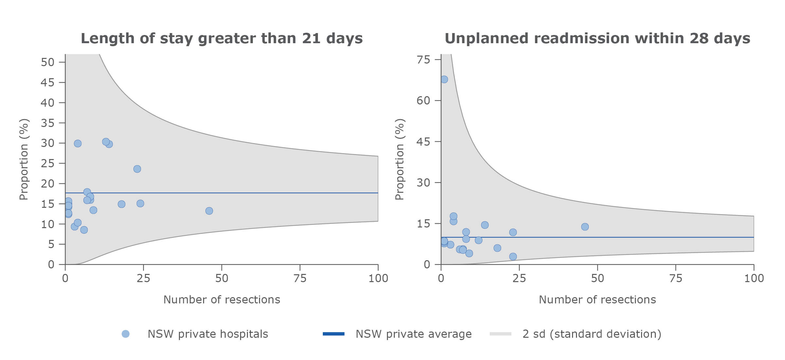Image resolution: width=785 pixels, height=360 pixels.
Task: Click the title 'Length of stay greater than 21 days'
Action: [x=221, y=38]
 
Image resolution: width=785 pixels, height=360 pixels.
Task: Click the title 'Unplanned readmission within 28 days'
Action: [x=597, y=38]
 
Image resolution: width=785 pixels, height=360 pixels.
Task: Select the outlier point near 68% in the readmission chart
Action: [x=444, y=79]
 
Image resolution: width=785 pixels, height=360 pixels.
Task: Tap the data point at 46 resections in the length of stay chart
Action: [x=209, y=211]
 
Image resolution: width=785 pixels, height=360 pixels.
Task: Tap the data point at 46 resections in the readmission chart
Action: [x=585, y=227]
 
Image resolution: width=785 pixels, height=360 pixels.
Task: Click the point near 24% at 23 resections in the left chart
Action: [x=137, y=169]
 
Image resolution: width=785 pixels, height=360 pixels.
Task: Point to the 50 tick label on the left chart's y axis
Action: [x=47, y=62]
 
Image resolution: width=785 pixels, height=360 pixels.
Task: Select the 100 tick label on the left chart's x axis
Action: [x=378, y=279]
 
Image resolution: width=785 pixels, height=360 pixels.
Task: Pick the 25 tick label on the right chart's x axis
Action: [x=519, y=279]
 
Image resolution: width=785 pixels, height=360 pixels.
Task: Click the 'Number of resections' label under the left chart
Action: [x=221, y=300]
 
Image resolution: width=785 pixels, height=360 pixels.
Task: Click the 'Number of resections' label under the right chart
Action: [x=597, y=300]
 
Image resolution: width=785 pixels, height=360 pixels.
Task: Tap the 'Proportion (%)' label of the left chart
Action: [x=24, y=159]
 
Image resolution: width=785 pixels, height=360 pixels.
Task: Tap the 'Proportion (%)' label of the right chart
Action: [x=400, y=159]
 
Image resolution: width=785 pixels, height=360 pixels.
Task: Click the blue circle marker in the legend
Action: [x=126, y=334]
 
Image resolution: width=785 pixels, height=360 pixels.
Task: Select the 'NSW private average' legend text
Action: [x=413, y=334]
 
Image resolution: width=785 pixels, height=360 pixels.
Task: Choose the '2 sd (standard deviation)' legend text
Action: [x=592, y=334]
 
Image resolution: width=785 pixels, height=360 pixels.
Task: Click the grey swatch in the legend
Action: [x=500, y=334]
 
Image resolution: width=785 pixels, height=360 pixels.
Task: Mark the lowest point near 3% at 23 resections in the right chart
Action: [x=513, y=257]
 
